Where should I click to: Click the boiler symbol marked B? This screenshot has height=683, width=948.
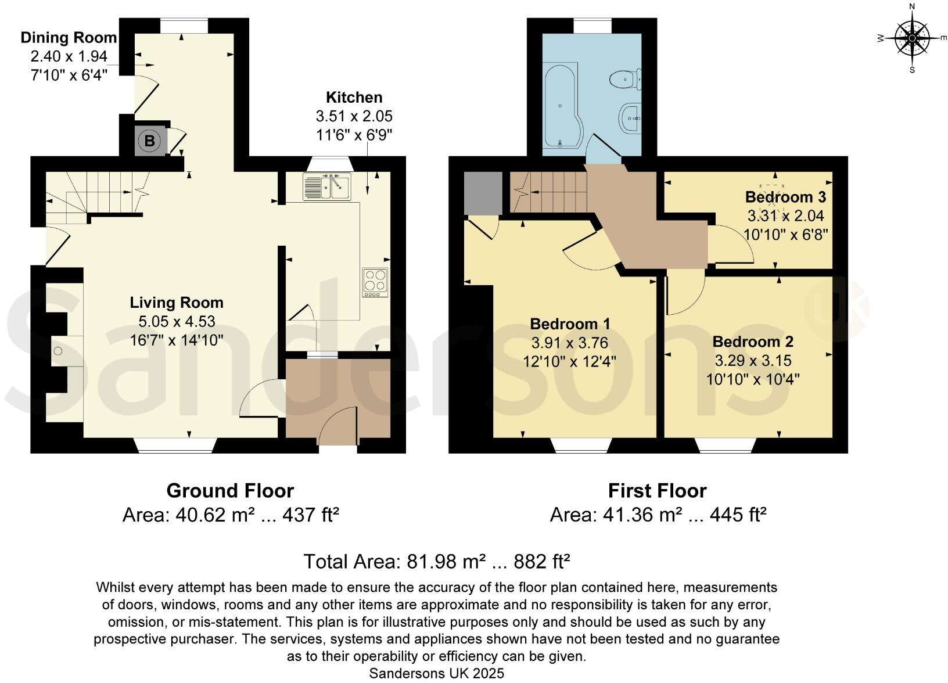coord(150,141)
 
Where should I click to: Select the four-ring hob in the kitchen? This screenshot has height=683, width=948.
coord(375,282)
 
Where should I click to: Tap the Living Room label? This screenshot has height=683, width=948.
coord(176,303)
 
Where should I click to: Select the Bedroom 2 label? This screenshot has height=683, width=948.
coord(753,342)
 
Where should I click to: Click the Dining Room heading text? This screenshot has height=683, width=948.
coord(69,38)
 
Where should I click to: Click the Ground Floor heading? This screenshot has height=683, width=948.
coord(230,491)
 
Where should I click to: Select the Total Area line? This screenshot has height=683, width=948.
coord(436,561)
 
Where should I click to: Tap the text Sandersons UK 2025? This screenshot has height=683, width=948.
coord(436,673)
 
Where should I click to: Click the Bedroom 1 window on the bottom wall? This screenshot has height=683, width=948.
coord(581,445)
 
